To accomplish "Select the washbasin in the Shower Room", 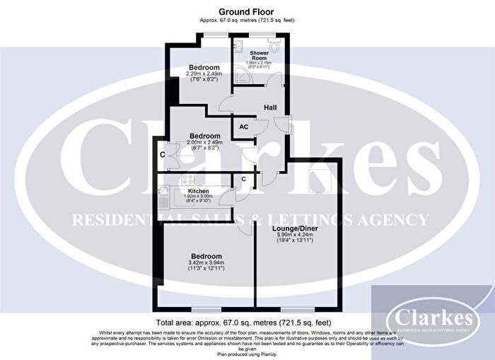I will click(x=239, y=48).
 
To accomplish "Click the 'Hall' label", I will click(x=270, y=108).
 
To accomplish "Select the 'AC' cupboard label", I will click(x=243, y=127).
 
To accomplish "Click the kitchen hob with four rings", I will click(x=190, y=179).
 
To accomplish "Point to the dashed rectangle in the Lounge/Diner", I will click(x=322, y=180).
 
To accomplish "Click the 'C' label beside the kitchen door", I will click(x=243, y=179).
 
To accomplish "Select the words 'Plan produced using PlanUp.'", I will click(x=247, y=354).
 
